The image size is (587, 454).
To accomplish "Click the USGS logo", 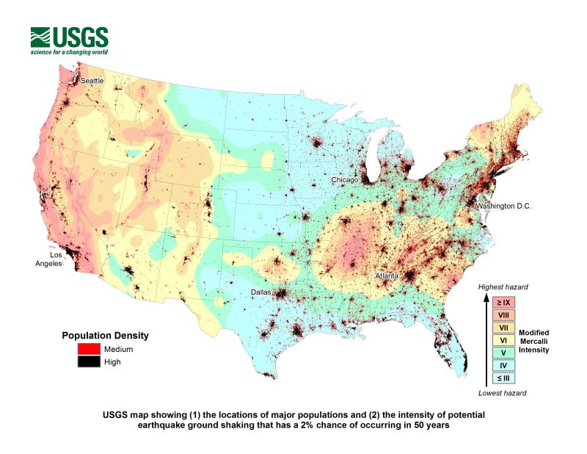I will pyautogui.click(x=69, y=41).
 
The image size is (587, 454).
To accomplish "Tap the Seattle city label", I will pyautogui.click(x=92, y=80).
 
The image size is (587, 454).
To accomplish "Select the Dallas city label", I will pyautogui.click(x=260, y=292).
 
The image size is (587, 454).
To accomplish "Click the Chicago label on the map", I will pyautogui.click(x=344, y=180).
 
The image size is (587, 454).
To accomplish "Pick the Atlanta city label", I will pyautogui.click(x=387, y=275).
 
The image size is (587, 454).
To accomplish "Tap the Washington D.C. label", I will pyautogui.click(x=503, y=206).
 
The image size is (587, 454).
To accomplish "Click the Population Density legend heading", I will pyautogui.click(x=104, y=336).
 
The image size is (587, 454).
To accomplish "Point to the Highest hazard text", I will pyautogui.click(x=503, y=287).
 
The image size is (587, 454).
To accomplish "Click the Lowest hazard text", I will pyautogui.click(x=503, y=392).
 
